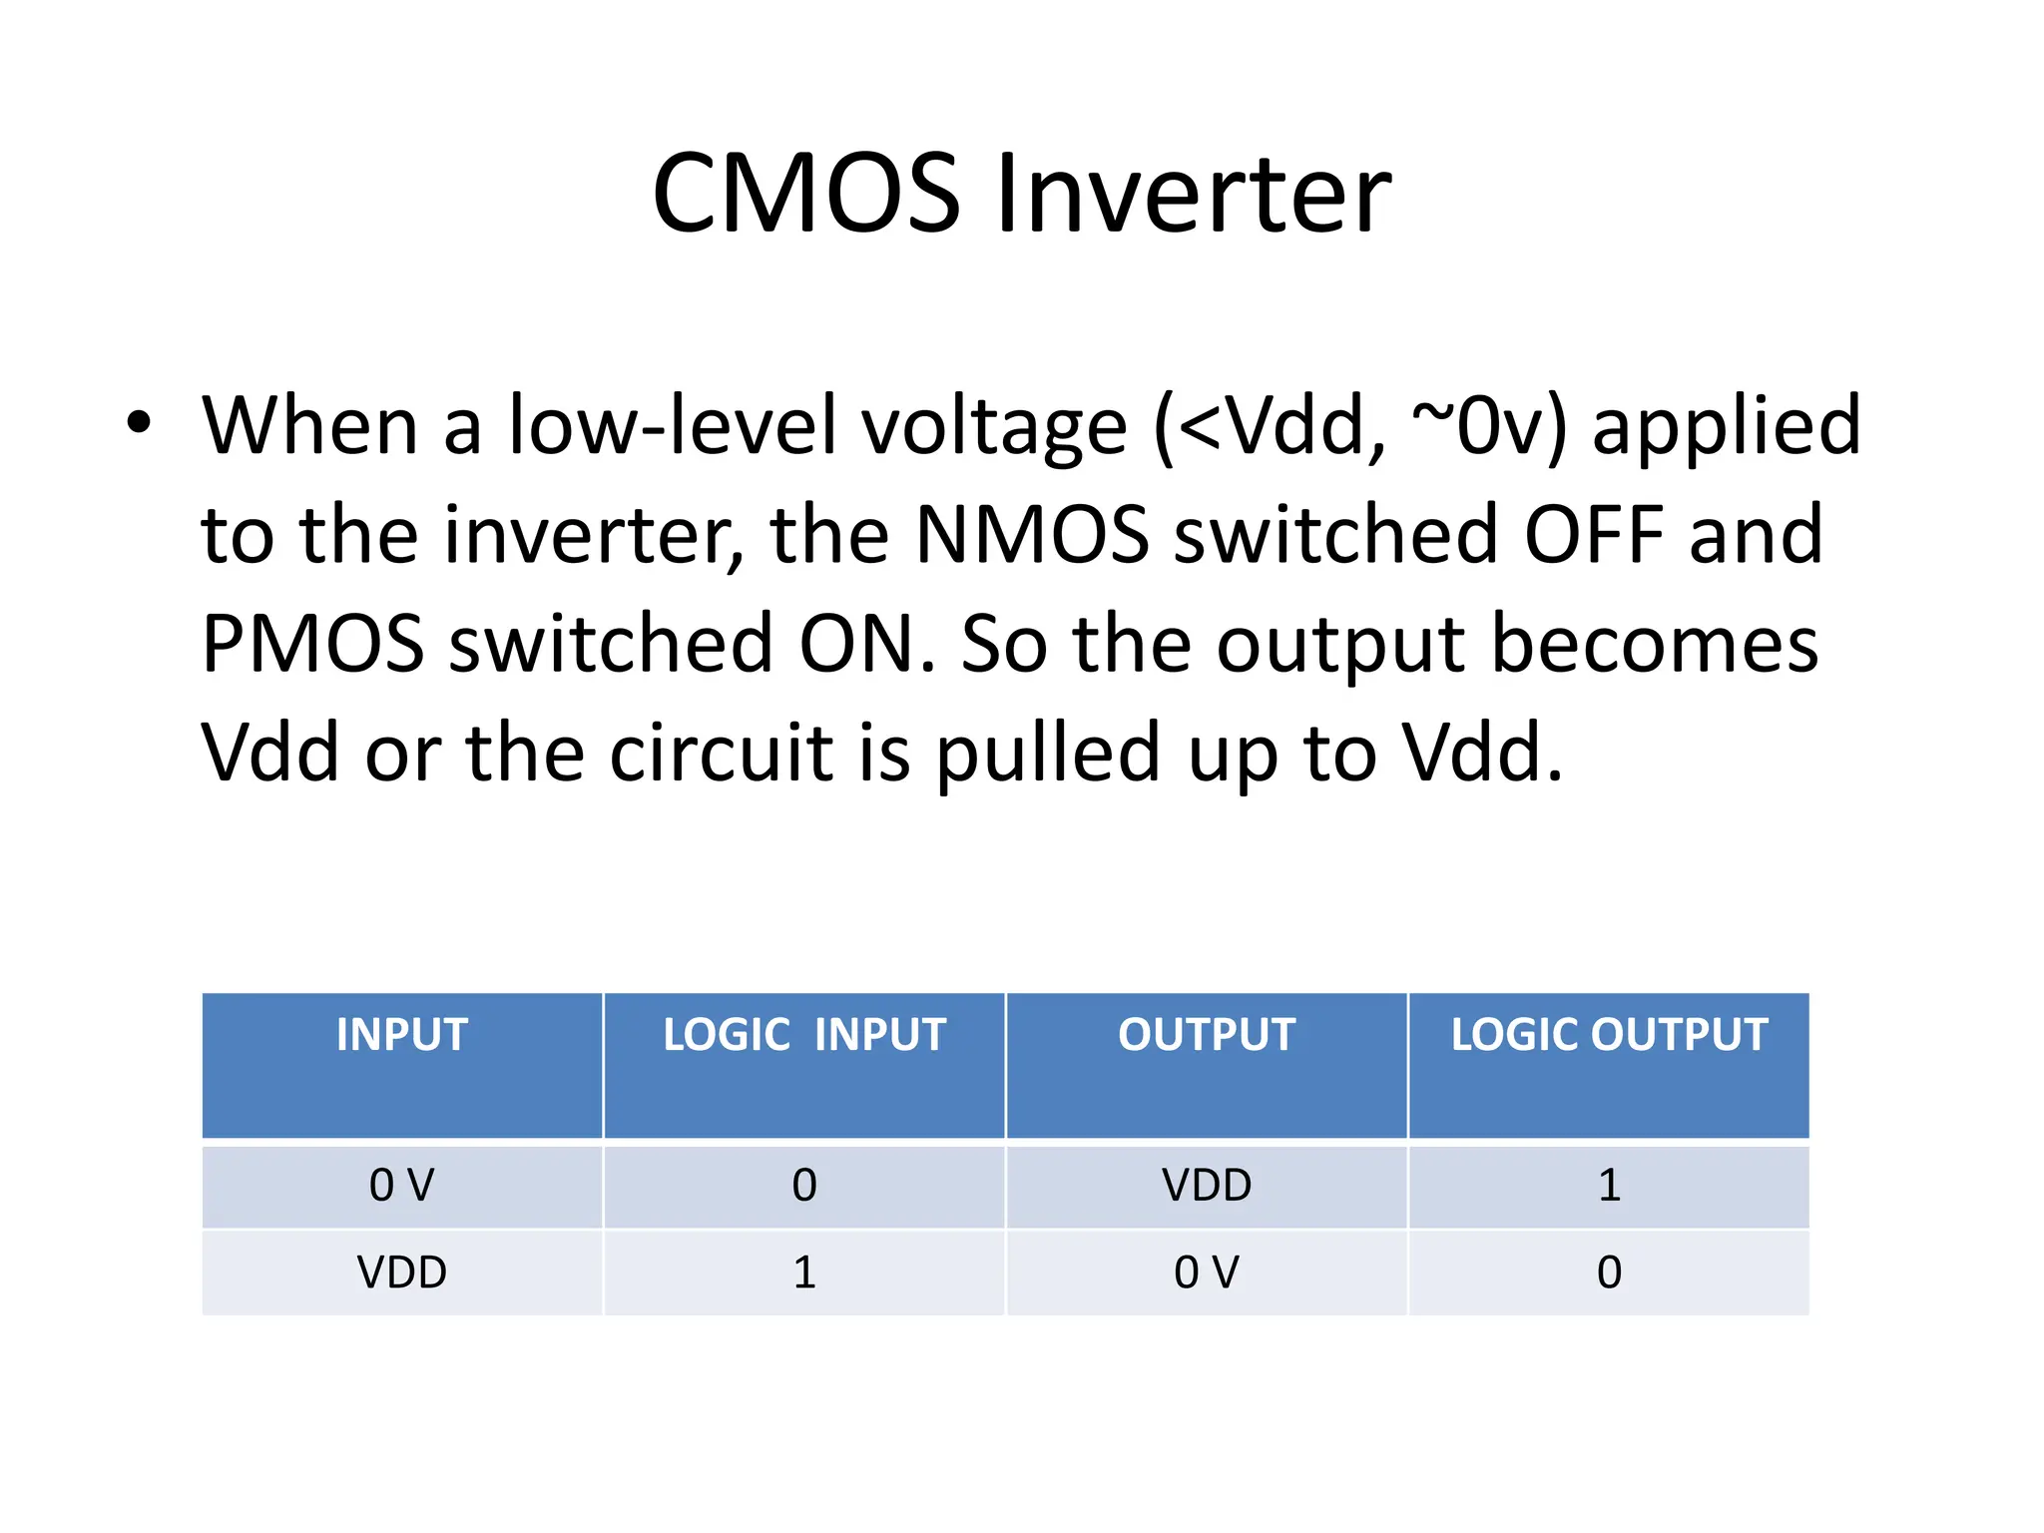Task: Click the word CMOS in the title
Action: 806,193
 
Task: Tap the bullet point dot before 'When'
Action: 139,422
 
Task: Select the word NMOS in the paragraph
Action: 1032,535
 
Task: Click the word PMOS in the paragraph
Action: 312,644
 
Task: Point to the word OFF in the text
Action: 1594,535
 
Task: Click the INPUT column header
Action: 402,1035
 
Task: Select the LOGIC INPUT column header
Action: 804,1035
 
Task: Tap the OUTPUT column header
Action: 1207,1035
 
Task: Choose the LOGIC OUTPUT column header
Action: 1609,1035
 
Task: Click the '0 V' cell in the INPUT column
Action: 402,1186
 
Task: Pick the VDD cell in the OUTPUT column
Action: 1207,1186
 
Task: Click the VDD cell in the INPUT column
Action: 402,1273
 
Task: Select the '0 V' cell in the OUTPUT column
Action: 1207,1273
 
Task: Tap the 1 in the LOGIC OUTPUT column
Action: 1609,1186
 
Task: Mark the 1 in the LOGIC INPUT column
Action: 804,1273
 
